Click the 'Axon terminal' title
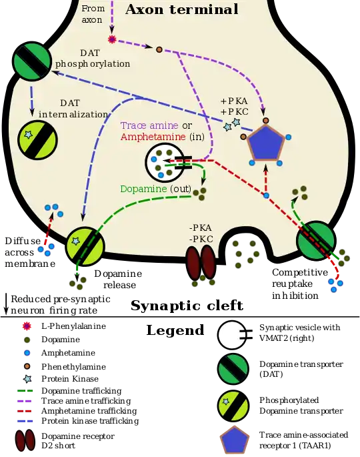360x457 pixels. point(182,9)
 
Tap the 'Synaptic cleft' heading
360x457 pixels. point(187,306)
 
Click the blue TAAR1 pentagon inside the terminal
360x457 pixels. point(265,143)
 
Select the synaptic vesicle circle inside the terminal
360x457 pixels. point(165,162)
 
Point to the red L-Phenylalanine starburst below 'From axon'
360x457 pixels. point(112,39)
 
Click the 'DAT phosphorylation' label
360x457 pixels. point(93,58)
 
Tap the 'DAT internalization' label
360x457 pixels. point(73,109)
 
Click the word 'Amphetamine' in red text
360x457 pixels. point(153,137)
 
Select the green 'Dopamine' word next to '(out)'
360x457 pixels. point(143,189)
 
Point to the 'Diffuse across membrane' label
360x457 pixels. point(30,252)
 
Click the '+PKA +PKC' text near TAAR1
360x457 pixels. point(235,106)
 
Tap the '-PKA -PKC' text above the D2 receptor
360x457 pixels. point(201,234)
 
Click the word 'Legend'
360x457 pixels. point(175,330)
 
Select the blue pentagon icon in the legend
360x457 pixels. point(235,440)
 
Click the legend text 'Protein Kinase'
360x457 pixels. point(70,378)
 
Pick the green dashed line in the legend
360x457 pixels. point(25,391)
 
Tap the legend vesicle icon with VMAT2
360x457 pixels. point(235,335)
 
